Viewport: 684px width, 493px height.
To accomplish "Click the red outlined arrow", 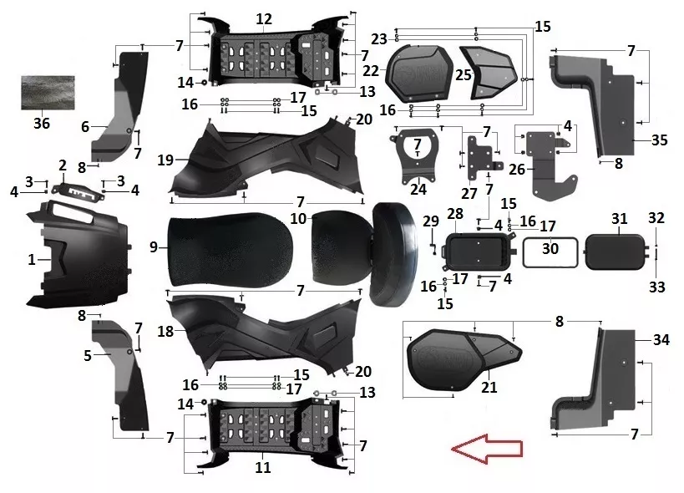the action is (x=486, y=449).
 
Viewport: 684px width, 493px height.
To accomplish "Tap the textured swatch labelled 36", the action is (x=48, y=93).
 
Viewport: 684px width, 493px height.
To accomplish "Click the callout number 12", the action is (x=264, y=18).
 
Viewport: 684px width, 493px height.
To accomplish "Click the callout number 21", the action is (x=489, y=387).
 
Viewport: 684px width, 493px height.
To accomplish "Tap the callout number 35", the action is (x=660, y=140).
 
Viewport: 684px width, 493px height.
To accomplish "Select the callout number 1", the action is (x=32, y=260).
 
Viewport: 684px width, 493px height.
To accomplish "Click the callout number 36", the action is (x=42, y=124).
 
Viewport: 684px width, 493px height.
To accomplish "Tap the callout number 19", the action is (x=165, y=160).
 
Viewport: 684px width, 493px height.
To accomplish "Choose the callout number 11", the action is (x=262, y=467).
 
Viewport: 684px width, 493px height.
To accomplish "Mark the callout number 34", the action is (x=661, y=339).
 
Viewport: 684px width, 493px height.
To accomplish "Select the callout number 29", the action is (x=431, y=221).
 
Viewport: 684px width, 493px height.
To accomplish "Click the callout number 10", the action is (x=298, y=218).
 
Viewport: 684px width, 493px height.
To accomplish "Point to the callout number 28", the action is (x=455, y=214).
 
